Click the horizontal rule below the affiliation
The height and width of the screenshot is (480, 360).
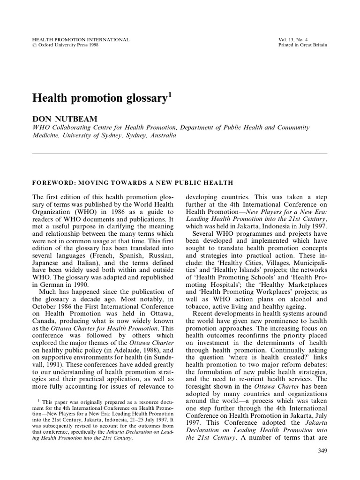(x=180, y=154)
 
